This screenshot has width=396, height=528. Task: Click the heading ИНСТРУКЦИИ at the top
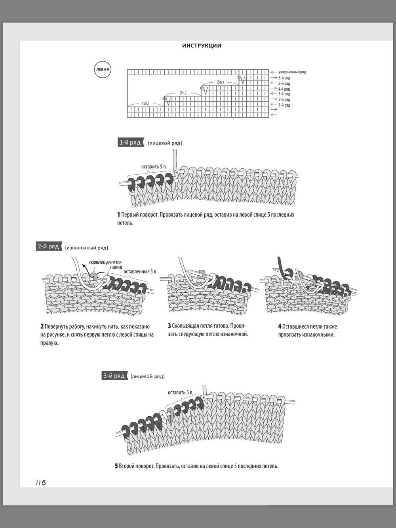coord(202,46)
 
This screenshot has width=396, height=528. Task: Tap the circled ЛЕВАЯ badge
coord(103,70)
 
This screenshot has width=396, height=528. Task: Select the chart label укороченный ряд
coord(292,72)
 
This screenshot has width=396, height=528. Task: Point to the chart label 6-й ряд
coord(284,78)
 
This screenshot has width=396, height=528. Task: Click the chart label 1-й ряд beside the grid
coord(284,105)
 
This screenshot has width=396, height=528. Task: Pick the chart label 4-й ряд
coord(284,89)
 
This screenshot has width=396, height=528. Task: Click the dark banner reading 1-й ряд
coord(130,143)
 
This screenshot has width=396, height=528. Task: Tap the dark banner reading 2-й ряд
coord(49,247)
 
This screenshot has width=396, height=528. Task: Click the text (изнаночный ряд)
coord(87,248)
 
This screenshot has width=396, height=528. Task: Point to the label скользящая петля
coord(105,263)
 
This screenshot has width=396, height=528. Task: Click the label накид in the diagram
coord(116,267)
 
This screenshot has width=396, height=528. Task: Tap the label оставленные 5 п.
coord(141,272)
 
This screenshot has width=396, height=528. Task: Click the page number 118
coord(41,482)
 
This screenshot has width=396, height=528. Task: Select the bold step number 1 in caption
coord(118,215)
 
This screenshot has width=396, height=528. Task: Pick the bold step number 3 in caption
coord(169,326)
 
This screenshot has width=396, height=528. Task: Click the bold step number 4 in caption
coord(280,326)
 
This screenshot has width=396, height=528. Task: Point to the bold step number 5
coord(116,466)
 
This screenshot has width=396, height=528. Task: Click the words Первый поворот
coord(139,215)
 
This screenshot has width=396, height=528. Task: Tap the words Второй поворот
coord(137,466)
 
